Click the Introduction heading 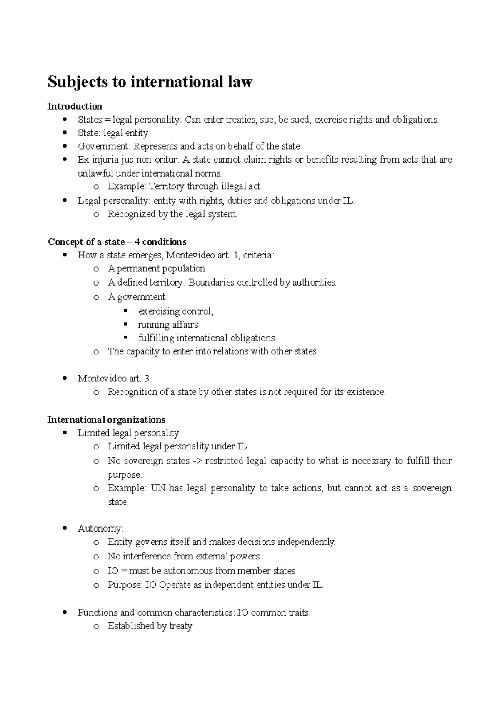75,106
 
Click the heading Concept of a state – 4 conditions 117,242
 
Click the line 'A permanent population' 156,268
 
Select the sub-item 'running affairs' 168,325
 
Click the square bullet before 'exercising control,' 126,311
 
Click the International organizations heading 106,419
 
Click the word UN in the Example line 158,488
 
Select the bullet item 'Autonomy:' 100,529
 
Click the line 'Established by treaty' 150,626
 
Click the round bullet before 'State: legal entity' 64,133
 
